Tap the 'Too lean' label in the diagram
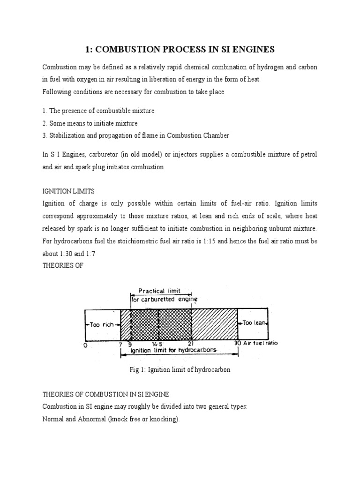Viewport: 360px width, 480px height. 253,322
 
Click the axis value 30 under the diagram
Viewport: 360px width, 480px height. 237,343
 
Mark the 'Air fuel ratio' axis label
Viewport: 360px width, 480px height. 260,343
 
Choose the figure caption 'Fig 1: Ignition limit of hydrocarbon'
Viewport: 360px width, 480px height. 180,370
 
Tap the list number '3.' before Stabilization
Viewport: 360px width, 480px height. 45,136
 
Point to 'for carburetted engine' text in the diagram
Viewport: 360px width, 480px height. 164,299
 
